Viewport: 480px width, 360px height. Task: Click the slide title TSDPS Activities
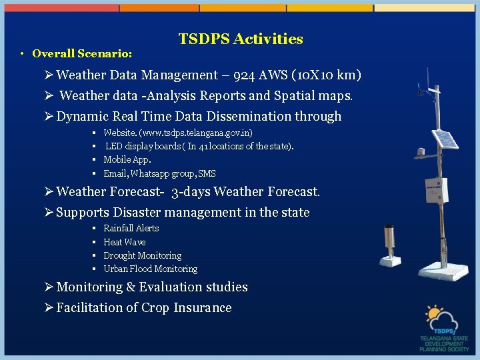pyautogui.click(x=241, y=39)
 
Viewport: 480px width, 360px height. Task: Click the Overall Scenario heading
pyautogui.click(x=82, y=53)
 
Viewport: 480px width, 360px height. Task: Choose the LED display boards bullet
pyautogui.click(x=199, y=146)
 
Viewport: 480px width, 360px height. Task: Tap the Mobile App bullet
pyautogui.click(x=127, y=160)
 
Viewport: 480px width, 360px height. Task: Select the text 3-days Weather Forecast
pyautogui.click(x=245, y=192)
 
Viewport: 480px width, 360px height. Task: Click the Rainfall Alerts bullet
pyautogui.click(x=131, y=228)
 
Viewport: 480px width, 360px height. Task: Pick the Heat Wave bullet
pyautogui.click(x=124, y=242)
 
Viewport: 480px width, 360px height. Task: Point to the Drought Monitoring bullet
pyautogui.click(x=142, y=255)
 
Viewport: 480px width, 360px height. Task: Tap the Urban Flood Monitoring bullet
pyautogui.click(x=150, y=269)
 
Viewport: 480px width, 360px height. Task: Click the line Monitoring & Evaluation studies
pyautogui.click(x=152, y=287)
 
